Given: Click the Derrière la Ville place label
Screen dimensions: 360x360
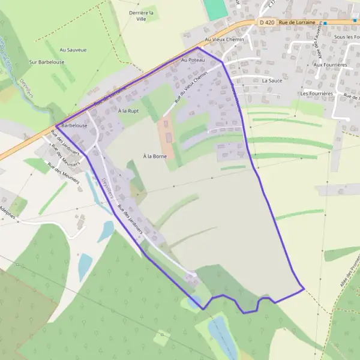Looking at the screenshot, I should [141, 16].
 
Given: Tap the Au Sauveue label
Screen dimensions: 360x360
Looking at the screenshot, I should [73, 50].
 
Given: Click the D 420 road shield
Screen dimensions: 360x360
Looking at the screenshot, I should [268, 22].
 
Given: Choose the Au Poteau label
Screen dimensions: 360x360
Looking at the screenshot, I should [193, 61].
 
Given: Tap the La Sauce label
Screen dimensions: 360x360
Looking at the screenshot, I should [272, 80].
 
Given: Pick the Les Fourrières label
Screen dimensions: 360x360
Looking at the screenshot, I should [317, 93].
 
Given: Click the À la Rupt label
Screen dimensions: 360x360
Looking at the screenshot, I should [128, 111].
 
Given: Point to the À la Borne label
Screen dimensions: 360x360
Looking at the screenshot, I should [154, 156].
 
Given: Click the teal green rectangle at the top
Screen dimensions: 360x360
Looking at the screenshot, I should [215, 8].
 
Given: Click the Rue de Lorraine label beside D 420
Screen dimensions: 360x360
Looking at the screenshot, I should [296, 22].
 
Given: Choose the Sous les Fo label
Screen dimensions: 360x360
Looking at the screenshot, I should [346, 37].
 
